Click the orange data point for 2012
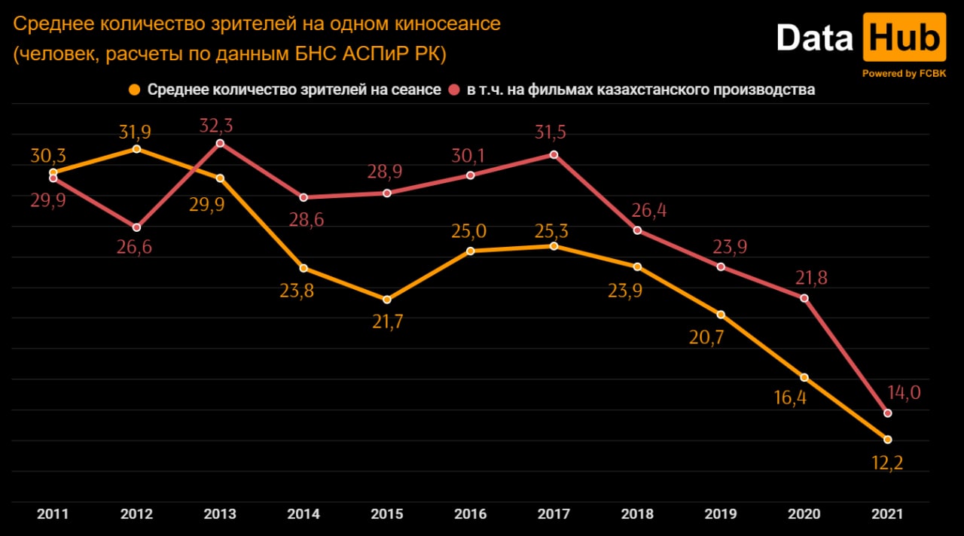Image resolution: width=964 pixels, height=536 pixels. point(136,149)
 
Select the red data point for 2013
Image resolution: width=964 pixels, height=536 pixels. point(220,143)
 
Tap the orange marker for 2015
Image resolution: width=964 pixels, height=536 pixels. point(387,300)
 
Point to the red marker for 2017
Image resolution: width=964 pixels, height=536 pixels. point(554,154)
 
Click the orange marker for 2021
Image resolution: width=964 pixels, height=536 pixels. point(888,439)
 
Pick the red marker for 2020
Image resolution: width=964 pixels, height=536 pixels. point(804,298)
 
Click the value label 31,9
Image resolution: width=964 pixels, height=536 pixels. point(135,132)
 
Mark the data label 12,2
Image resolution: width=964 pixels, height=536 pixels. point(886,462)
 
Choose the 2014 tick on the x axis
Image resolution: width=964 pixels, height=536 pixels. point(304,514)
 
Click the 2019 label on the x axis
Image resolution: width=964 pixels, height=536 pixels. point(721,514)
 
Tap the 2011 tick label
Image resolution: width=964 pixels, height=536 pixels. point(53,514)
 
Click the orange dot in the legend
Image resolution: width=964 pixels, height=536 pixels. point(135,90)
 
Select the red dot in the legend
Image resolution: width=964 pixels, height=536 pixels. point(455,90)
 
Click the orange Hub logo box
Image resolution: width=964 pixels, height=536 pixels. point(904,38)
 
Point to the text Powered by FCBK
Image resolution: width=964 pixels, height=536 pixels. point(904,74)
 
